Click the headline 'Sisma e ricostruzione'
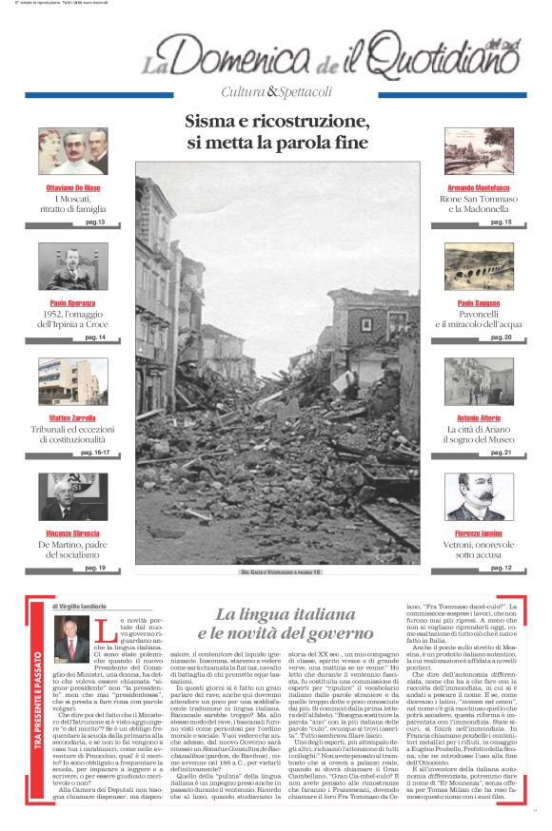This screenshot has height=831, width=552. [276, 123]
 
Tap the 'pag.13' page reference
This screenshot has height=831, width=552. [95, 222]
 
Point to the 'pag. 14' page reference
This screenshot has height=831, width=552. [95, 338]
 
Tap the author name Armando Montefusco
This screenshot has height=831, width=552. [481, 188]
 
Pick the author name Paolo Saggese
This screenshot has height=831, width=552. [481, 303]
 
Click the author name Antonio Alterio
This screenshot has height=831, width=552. [481, 417]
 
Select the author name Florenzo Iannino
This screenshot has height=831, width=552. [481, 532]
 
